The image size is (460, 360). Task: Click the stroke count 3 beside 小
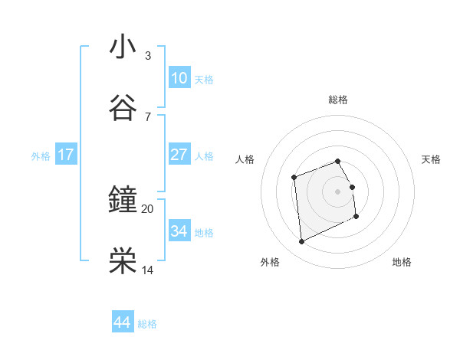coord(148,56)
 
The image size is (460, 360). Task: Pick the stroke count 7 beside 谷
coord(148,116)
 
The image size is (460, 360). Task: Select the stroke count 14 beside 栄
coord(148,270)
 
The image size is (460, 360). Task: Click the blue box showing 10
coord(179,78)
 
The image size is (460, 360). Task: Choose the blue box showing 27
coord(179,155)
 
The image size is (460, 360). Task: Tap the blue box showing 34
coord(179,231)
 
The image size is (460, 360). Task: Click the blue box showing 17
coord(66,155)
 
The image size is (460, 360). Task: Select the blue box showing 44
coord(123,322)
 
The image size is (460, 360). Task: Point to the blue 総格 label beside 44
coord(147,324)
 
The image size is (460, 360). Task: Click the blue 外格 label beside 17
coord(41,156)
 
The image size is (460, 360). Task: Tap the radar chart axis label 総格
coord(338,100)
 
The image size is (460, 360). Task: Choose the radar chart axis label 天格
coord(432,159)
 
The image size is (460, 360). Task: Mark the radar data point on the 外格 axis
coord(301,242)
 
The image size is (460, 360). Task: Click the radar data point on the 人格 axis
coord(294,178)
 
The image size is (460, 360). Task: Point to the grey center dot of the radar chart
coord(338,191)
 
